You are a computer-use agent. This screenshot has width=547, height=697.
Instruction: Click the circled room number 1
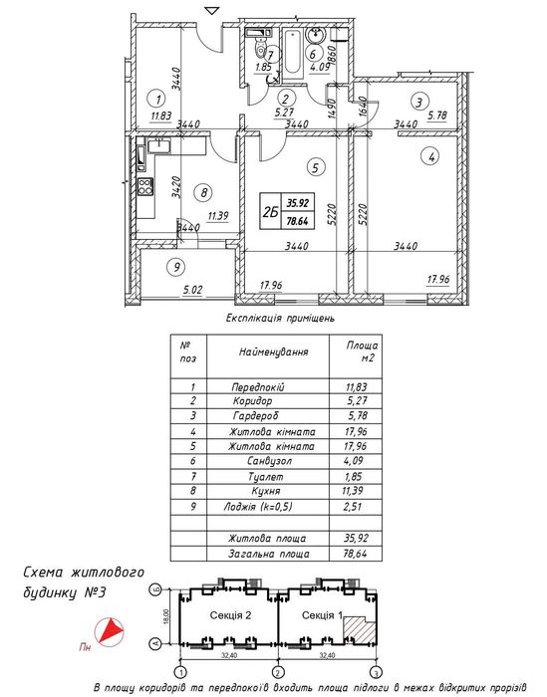158,99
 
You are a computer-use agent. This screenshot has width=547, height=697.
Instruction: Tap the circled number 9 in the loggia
177,267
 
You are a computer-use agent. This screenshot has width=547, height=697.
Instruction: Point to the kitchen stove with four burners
145,186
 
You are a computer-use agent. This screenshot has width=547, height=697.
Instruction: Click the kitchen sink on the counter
157,144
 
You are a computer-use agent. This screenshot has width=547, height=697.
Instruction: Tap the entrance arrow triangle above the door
213,10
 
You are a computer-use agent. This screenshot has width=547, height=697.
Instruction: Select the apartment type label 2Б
270,212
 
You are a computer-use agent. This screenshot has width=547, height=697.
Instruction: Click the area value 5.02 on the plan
192,290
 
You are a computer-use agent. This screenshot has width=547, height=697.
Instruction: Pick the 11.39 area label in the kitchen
218,216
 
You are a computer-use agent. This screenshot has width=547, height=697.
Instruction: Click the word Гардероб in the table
255,416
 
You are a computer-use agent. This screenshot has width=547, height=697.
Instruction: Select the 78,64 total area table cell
355,554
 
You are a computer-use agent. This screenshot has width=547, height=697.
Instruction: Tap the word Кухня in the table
265,491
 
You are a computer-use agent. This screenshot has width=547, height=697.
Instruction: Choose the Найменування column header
273,352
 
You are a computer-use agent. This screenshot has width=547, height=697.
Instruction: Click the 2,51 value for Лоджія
353,506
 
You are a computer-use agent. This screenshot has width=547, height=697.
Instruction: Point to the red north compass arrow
110,631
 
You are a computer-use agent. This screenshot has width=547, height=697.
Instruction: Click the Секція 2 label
230,615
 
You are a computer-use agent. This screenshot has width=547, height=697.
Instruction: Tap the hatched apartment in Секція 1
360,629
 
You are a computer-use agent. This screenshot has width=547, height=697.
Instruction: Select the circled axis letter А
155,643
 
